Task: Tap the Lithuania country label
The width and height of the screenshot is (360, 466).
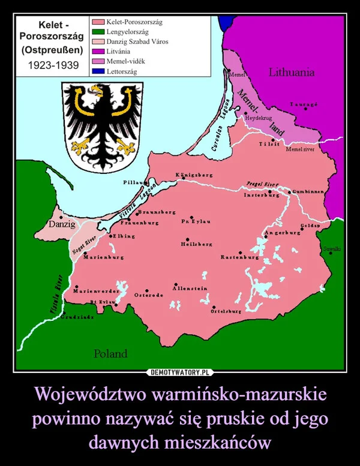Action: (292, 72)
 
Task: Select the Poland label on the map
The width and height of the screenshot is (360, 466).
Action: (110, 353)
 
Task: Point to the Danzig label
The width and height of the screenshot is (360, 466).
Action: (62, 224)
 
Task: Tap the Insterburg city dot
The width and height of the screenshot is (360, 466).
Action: (271, 192)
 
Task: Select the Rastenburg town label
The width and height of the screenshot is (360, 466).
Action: (239, 257)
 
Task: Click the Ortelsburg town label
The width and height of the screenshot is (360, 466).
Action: (226, 312)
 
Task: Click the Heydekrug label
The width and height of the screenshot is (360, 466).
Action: (259, 118)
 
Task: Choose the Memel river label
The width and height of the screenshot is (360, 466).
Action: (301, 148)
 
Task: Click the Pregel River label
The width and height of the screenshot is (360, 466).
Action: (262, 184)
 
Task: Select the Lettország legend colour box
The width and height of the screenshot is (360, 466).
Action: (98, 71)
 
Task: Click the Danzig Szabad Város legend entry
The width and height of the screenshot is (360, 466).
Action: (137, 41)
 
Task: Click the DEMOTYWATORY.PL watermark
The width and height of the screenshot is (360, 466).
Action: (180, 372)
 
